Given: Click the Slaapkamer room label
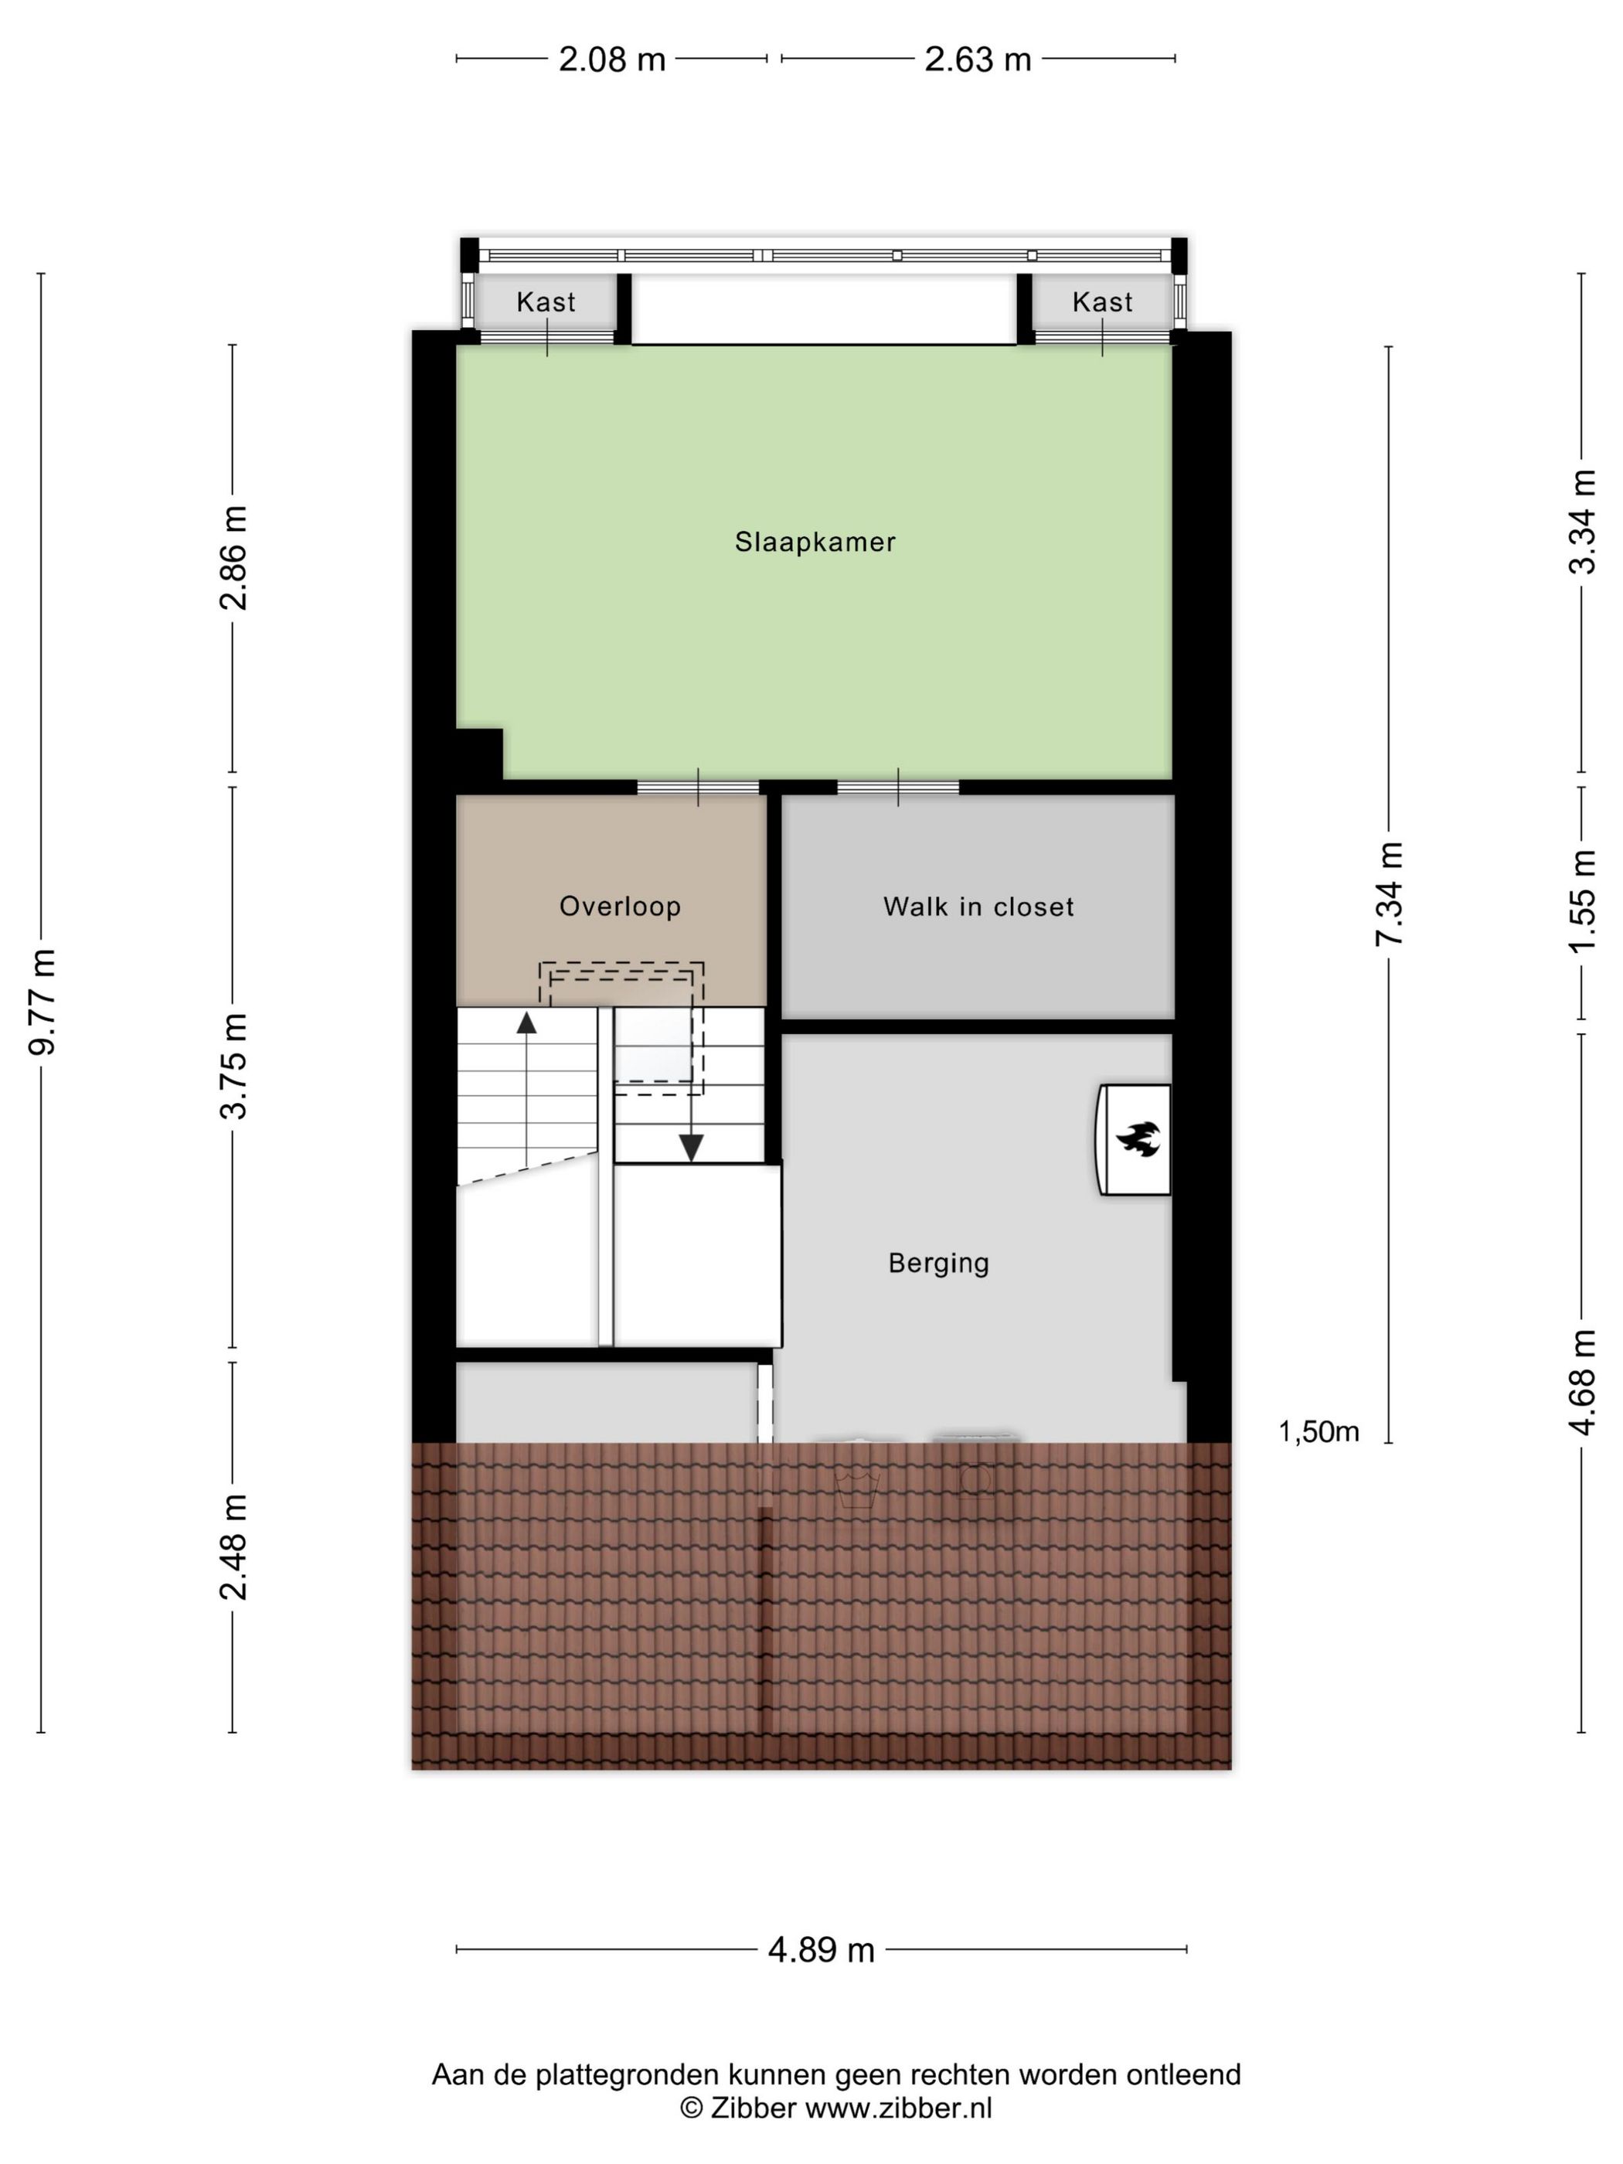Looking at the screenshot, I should point(815,541).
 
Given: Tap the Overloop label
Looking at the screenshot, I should point(619,906).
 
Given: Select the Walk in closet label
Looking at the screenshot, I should point(978,907).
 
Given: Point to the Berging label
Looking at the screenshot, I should point(938,1263).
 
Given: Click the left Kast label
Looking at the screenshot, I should point(546,301).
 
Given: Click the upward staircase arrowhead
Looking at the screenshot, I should point(526,1023).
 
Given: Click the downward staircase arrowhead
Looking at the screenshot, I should point(692,1148).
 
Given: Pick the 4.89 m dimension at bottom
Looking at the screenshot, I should point(821,1950).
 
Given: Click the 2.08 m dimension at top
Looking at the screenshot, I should point(611,60).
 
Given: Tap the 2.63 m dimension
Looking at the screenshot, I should point(978,60).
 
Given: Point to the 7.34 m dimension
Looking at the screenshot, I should point(1389,893).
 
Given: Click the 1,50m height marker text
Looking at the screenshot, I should point(1318,1431).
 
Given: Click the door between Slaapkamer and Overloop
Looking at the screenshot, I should point(698,787).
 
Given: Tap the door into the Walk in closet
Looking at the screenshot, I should point(898,787).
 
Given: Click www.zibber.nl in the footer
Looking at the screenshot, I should point(897,2108).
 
